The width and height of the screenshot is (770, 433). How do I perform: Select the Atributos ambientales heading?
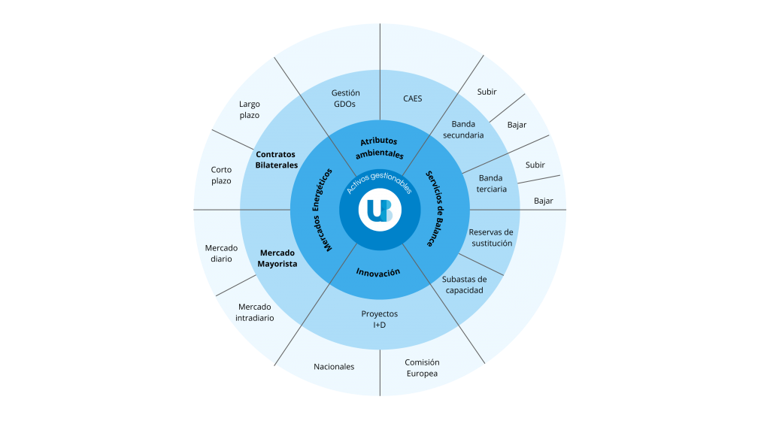379,147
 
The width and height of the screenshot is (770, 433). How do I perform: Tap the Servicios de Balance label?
440,208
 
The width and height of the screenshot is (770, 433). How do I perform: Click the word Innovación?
378,272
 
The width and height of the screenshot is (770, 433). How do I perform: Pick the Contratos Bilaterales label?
276,159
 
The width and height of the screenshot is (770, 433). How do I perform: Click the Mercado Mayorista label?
277,259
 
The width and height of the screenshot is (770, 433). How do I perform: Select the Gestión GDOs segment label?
345,98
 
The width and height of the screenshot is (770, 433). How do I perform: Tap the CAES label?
412,98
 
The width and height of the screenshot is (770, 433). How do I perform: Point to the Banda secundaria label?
463,129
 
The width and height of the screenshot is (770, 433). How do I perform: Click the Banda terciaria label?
492,183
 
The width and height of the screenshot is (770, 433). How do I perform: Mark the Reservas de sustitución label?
491,238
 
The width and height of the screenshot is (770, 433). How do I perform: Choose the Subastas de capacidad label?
464,284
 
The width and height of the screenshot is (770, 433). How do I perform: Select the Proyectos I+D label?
379,319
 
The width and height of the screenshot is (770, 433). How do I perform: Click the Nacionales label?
334,367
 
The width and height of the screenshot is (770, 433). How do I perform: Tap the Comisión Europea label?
422,368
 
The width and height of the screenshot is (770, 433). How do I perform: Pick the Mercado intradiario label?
255,312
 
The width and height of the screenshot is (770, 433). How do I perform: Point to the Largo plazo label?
250,110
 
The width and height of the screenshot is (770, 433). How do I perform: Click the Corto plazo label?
221,175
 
